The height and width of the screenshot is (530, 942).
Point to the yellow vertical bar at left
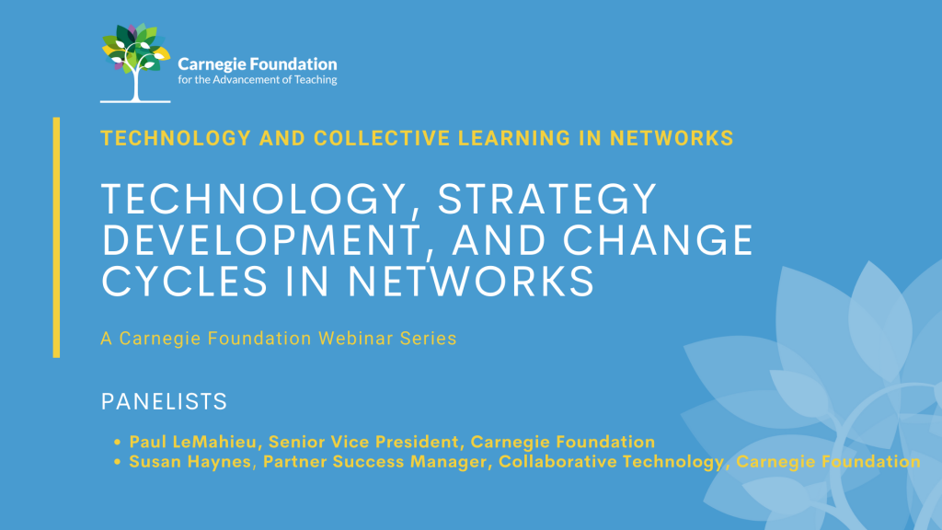pos(56,237)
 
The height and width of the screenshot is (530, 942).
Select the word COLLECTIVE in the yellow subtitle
pos(382,138)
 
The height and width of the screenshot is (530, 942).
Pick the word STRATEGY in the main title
pos(547,199)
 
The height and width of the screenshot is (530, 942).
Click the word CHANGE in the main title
pos(658,240)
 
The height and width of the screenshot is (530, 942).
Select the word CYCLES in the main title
pos(184,282)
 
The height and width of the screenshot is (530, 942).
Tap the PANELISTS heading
pos(164,401)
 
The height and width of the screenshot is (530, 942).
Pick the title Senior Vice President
pos(364,443)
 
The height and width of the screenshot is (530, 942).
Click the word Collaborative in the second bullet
pos(557,462)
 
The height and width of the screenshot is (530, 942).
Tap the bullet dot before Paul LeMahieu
pos(117,443)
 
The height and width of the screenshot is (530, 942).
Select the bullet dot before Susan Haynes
pos(117,462)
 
